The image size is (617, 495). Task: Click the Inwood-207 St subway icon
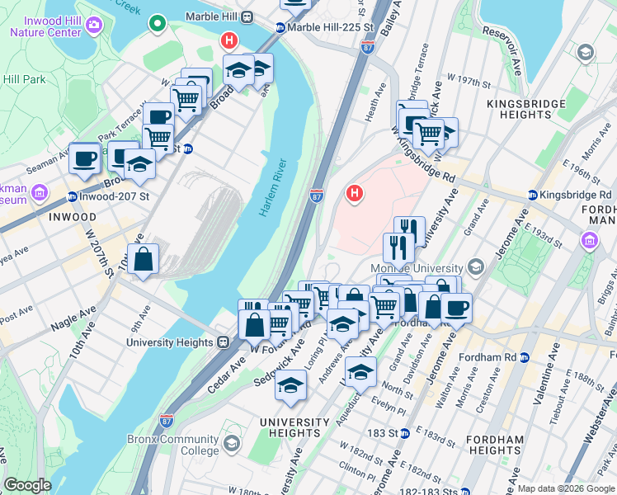point(73,197)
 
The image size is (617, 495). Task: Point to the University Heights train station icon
point(223,342)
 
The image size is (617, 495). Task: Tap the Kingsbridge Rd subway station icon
point(534,196)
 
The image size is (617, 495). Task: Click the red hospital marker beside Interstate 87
point(355,195)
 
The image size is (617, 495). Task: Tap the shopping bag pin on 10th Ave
point(144,259)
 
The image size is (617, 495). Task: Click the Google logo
point(27,485)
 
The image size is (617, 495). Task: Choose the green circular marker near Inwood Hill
point(156,25)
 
